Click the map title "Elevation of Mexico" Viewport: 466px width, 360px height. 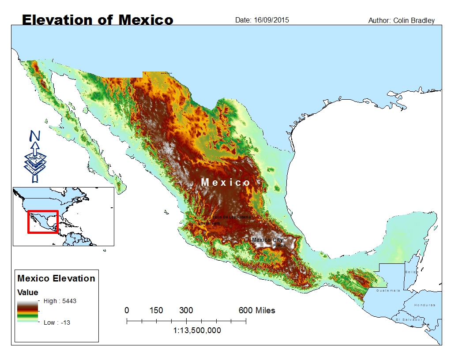pos(98,20)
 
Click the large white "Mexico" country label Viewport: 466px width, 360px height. pos(225,182)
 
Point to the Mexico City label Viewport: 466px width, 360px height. pos(267,240)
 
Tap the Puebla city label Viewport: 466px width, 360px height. pos(279,245)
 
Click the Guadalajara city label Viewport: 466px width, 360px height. pos(209,224)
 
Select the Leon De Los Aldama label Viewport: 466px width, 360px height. pos(232,217)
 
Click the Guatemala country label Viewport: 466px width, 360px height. pos(388,290)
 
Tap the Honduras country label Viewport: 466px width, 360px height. pos(425,305)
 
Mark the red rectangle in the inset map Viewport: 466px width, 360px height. pos(43,222)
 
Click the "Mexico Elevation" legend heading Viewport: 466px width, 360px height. pos(56,278)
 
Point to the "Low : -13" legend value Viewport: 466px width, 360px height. pos(56,322)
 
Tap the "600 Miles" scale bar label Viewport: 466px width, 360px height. pos(257,311)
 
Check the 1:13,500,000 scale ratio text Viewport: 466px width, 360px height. pos(197,330)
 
